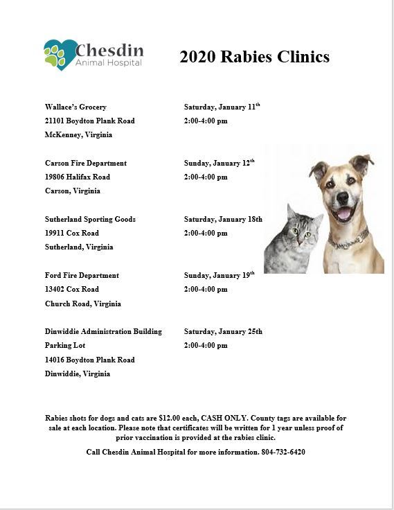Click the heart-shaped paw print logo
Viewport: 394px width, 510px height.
(x=60, y=54)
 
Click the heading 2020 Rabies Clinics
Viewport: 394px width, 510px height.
(x=254, y=57)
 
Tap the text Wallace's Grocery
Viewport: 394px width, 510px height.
(x=75, y=107)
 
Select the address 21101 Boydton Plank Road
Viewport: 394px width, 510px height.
(x=89, y=121)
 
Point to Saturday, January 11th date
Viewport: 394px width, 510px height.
(x=222, y=107)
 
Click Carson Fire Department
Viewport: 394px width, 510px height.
(x=85, y=163)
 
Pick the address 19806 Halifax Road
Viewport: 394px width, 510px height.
(x=77, y=177)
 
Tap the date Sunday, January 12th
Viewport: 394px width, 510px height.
(x=219, y=163)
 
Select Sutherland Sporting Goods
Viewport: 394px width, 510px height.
(x=90, y=219)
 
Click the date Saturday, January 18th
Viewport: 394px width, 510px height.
(x=222, y=219)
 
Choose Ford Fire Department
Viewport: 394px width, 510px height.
(x=82, y=275)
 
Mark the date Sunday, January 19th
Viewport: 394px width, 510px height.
(x=219, y=275)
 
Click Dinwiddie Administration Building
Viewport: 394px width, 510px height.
(x=103, y=331)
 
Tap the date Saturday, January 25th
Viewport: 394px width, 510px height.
(x=222, y=331)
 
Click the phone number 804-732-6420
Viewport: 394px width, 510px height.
(x=284, y=452)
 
